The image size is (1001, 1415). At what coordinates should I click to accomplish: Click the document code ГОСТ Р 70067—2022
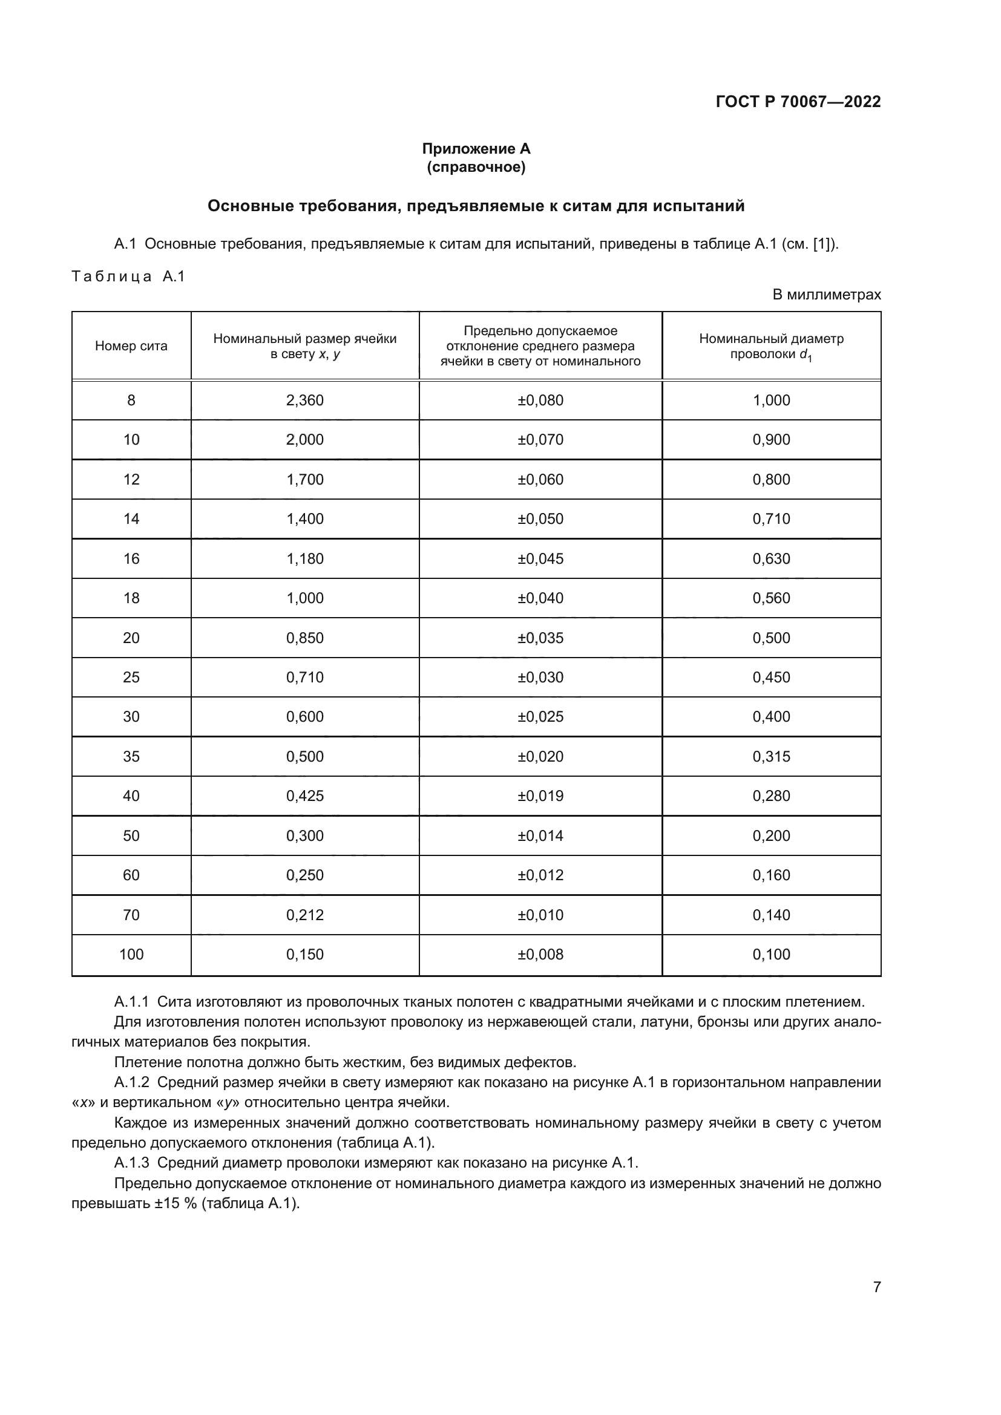pyautogui.click(x=798, y=102)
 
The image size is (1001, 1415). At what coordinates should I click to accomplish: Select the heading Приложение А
pyautogui.click(x=476, y=149)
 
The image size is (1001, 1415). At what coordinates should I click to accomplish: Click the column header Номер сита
pyautogui.click(x=131, y=346)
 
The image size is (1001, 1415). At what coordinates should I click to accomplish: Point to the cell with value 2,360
pyautogui.click(x=304, y=400)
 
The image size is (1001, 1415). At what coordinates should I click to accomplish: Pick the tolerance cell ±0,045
pyautogui.click(x=540, y=558)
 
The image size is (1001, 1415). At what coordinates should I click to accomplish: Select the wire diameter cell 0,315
pyautogui.click(x=770, y=756)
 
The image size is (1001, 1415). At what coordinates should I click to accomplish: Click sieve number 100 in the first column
pyautogui.click(x=131, y=954)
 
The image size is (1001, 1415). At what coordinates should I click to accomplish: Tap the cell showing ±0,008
pyautogui.click(x=540, y=954)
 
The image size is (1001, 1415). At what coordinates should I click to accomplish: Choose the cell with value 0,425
pyautogui.click(x=304, y=796)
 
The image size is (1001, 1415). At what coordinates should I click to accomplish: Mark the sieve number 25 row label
pyautogui.click(x=131, y=678)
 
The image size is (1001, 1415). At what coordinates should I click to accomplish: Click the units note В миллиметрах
pyautogui.click(x=826, y=295)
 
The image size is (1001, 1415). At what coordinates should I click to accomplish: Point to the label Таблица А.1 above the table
pyautogui.click(x=128, y=276)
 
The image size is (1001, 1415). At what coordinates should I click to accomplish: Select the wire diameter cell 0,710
pyautogui.click(x=770, y=519)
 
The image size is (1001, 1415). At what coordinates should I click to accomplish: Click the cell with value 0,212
pyautogui.click(x=304, y=915)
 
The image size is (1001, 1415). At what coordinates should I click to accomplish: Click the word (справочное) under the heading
pyautogui.click(x=476, y=167)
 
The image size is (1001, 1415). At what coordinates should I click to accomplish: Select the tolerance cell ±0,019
pyautogui.click(x=540, y=796)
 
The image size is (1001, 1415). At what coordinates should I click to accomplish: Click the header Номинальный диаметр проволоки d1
pyautogui.click(x=770, y=347)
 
